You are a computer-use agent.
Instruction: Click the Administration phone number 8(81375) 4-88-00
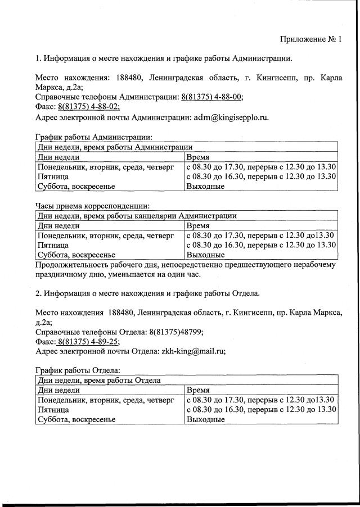pyautogui.click(x=212, y=97)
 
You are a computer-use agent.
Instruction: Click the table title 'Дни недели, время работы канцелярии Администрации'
pyautogui.click(x=136, y=215)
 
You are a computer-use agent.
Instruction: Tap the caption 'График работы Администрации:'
pyautogui.click(x=93, y=137)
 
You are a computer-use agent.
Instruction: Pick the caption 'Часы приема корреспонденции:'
pyautogui.click(x=92, y=206)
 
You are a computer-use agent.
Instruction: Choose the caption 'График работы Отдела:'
pyautogui.click(x=77, y=370)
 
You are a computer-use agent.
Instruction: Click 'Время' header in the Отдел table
pyautogui.click(x=198, y=390)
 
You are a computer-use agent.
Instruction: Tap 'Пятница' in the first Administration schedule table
pyautogui.click(x=53, y=176)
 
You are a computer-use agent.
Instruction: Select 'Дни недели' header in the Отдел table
pyautogui.click(x=58, y=390)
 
